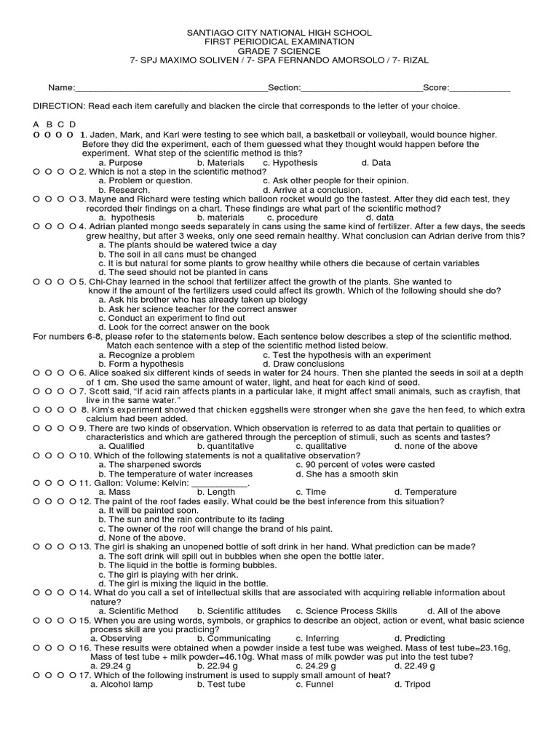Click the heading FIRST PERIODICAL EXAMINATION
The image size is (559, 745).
point(279,42)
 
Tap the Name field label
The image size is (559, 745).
point(61,87)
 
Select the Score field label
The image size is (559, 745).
point(436,87)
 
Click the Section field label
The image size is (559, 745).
point(285,87)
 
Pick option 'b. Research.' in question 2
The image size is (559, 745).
point(124,189)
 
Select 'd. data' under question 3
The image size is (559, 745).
point(380,217)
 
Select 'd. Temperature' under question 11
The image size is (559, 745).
point(425,493)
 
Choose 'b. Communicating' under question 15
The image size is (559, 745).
point(234,638)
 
